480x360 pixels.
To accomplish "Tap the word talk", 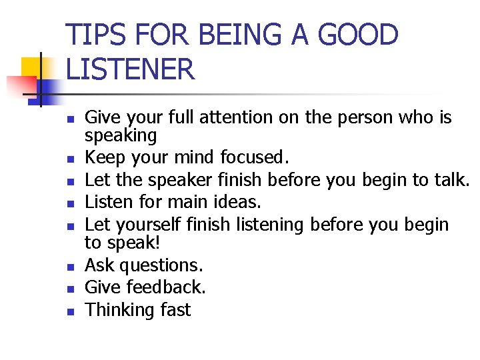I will [454, 180].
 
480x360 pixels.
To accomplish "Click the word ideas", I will [241, 202].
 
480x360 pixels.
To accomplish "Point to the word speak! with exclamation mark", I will [131, 243].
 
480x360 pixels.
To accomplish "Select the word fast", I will [175, 310].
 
